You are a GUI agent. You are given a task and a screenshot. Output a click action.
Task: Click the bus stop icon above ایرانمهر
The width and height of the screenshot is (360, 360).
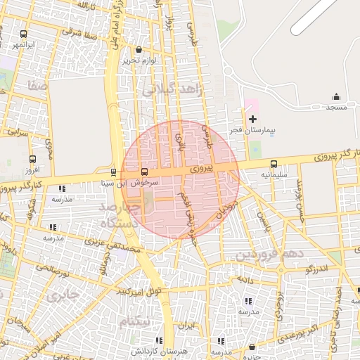coord(24,34)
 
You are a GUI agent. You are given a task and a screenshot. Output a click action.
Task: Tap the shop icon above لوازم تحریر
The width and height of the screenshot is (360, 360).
coord(138,50)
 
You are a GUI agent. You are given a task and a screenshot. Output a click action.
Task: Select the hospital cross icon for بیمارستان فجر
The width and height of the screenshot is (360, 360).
coord(252,119)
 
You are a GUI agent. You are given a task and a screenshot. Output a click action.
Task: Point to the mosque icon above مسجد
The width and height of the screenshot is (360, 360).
coord(335,96)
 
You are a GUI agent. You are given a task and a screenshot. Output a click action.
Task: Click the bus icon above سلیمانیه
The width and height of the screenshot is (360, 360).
coord(274,163)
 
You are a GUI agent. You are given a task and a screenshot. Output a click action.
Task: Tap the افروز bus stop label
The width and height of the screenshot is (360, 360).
coord(32,170)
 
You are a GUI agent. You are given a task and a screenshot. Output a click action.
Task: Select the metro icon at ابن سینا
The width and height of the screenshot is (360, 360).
coord(113,172)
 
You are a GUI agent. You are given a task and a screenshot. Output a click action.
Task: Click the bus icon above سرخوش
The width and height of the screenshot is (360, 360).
coord(144,172)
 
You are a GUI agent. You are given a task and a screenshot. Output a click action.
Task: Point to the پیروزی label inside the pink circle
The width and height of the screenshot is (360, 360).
coord(200,169)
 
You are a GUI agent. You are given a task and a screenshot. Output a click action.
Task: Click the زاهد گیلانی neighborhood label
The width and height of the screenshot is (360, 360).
coord(171,90)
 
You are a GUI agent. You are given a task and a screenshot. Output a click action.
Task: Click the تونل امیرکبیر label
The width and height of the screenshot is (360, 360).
coord(139,291)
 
